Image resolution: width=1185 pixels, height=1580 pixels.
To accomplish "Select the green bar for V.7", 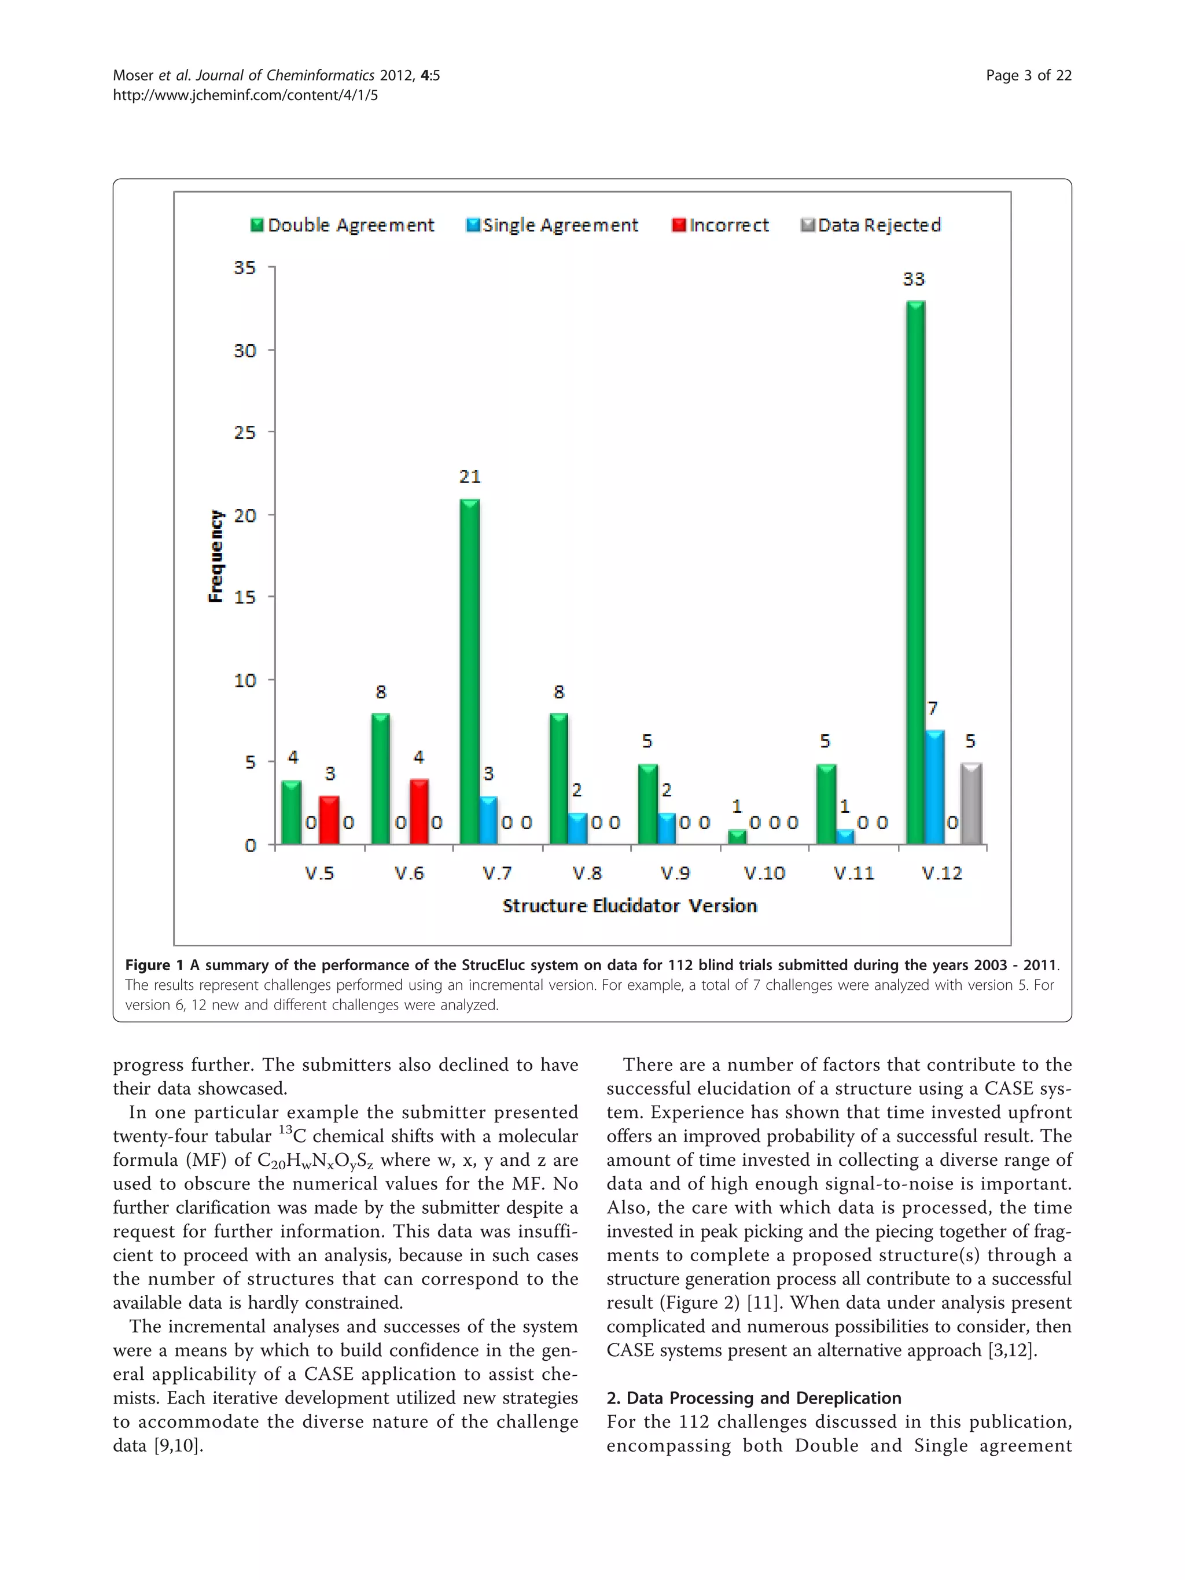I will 469,672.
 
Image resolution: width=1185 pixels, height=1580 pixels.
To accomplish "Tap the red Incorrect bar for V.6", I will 419,812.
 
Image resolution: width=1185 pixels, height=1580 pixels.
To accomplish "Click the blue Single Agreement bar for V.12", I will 934,787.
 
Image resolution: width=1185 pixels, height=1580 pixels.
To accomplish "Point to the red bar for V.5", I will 329,820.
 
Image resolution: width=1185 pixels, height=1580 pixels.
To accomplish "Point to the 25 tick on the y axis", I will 245,433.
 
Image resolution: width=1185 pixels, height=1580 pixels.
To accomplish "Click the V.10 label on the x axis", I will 764,873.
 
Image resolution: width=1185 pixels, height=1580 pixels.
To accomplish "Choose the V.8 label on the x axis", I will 587,873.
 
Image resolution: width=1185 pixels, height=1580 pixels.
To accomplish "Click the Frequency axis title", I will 216,557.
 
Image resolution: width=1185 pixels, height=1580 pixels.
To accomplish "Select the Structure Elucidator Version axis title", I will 630,906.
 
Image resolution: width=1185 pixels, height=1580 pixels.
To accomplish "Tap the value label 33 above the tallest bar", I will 914,279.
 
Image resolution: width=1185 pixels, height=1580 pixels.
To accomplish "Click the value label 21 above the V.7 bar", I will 469,476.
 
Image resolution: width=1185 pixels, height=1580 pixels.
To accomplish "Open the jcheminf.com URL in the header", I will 245,95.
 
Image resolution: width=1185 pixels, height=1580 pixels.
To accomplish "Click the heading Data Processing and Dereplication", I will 753,1398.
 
